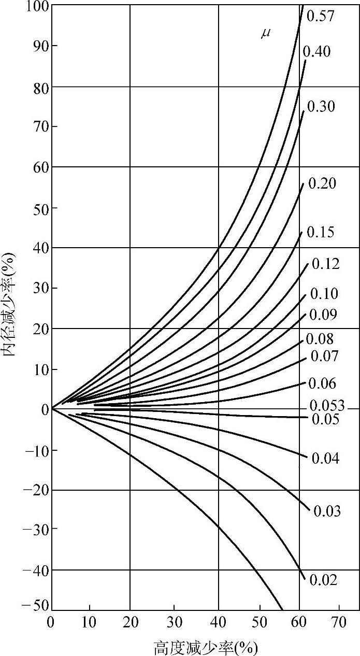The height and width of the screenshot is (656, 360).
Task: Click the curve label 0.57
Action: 321,16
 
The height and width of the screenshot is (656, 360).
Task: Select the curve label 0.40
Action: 317,51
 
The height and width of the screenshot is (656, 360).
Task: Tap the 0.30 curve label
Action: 321,107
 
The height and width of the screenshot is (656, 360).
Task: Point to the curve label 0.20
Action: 322,183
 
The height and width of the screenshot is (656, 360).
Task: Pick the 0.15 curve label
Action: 321,232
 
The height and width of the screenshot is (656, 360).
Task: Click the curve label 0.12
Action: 326,264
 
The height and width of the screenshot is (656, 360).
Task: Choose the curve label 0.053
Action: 327,406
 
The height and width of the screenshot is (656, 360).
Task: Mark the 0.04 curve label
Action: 325,458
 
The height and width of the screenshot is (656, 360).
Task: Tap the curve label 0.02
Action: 323,580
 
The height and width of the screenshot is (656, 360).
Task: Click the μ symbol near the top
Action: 265,35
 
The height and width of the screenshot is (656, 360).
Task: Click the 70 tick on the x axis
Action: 339,622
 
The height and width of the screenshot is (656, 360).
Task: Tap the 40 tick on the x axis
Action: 219,622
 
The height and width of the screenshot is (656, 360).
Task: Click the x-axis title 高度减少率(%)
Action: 205,648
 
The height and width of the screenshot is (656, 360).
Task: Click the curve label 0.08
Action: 320,339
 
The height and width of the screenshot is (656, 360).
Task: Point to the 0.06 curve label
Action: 322,383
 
